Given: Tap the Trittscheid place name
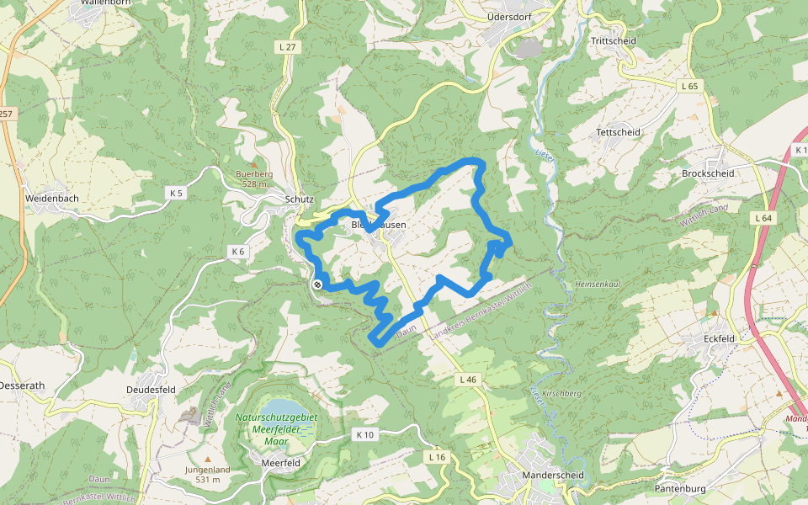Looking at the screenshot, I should pos(614,40).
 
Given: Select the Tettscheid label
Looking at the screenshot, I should pos(618,132).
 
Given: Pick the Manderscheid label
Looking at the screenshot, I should pos(553,475).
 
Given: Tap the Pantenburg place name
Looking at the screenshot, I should pos(680,488).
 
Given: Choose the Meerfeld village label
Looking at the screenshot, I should pos(282,462).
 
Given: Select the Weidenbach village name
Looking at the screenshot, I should pos(52,198).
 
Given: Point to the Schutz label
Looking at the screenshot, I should pos(300,199).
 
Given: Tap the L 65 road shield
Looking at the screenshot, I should pos(688,86).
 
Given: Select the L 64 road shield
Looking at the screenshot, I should pos(763,218).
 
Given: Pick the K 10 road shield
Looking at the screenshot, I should pos(364,434).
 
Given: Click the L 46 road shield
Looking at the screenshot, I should pos(468,380).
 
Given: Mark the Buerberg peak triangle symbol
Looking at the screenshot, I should pos(253,164).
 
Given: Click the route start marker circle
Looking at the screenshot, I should pos(317,284).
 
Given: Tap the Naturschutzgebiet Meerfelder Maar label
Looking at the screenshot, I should pos(276,428).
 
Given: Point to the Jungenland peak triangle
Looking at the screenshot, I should pos(207,459).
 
